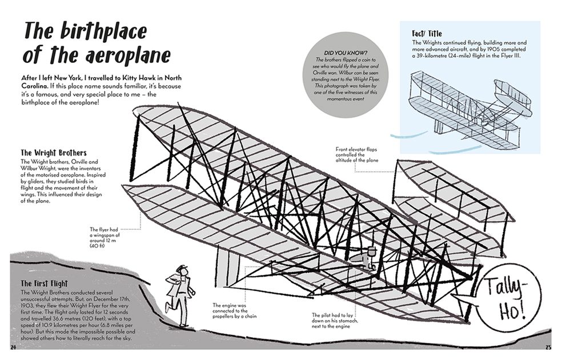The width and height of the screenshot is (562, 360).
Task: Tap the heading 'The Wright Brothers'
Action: coord(54,153)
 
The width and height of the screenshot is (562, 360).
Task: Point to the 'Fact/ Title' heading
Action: coord(427,34)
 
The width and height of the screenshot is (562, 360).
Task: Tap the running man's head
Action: coord(182,270)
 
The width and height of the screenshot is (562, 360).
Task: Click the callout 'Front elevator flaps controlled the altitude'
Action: coord(362,155)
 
